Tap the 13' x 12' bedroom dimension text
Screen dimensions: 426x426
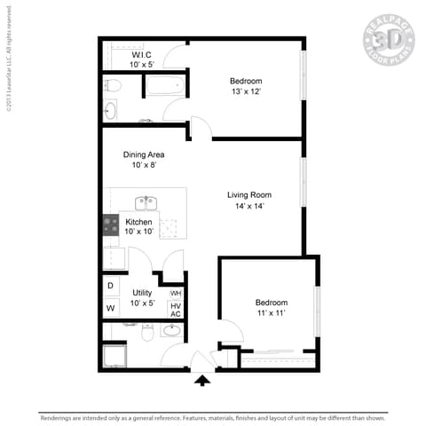coord(246,92)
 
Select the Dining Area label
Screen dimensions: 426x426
coord(143,154)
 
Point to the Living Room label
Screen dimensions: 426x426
coord(249,194)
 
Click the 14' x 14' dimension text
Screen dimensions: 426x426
coord(249,206)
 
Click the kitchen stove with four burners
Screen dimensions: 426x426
coord(111,225)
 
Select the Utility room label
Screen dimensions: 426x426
coord(142,292)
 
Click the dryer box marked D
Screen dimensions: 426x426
coord(111,286)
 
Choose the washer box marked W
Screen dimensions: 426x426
coord(111,308)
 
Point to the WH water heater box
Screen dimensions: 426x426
coord(176,293)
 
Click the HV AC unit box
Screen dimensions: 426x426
coord(176,310)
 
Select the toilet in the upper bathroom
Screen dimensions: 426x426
coord(111,86)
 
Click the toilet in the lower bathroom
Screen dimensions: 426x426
coord(148,333)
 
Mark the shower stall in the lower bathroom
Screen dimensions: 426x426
coord(115,355)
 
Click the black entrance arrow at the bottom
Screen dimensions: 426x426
coord(203,381)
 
